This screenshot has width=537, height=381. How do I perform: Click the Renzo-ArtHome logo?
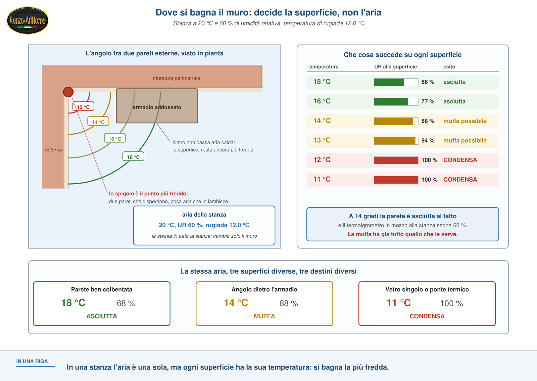[x=28, y=20]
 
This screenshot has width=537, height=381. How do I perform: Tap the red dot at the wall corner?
[x=68, y=92]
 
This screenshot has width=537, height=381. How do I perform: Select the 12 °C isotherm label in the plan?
[x=83, y=107]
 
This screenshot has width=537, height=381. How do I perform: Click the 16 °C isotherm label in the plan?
[x=115, y=138]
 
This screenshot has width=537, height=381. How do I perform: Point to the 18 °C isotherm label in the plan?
[x=133, y=156]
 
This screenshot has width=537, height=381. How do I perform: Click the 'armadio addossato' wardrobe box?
[x=157, y=106]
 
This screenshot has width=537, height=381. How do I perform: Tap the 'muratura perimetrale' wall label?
[x=177, y=78]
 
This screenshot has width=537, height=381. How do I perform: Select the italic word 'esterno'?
[x=53, y=150]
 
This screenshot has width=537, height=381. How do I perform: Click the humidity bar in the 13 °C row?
[x=396, y=141]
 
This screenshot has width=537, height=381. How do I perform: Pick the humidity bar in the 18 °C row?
[x=396, y=82]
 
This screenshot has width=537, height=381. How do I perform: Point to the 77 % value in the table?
[x=428, y=101]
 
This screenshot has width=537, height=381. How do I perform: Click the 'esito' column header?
[x=449, y=67]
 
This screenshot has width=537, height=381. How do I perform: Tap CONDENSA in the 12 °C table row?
[x=460, y=160]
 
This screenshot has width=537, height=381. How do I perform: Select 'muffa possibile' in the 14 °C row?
[x=465, y=121]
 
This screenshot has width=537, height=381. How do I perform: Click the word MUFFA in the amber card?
[x=264, y=316]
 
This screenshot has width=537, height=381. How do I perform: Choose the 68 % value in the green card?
[x=126, y=303]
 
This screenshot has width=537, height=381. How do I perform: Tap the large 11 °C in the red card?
[x=398, y=303]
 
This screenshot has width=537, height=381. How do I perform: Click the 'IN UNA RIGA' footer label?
[x=32, y=361]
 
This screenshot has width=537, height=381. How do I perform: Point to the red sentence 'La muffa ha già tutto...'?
[x=403, y=234]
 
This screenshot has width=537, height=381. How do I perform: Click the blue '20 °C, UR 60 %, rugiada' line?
[x=204, y=225]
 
